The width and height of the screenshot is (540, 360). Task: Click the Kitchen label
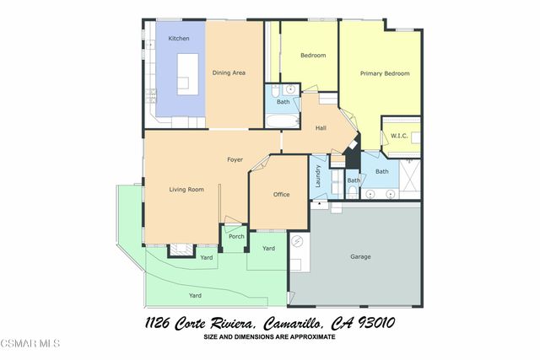point(178,39)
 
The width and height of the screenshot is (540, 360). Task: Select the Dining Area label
point(229,73)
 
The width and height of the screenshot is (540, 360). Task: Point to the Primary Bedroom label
point(385,73)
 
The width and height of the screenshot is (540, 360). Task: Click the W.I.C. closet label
point(399,136)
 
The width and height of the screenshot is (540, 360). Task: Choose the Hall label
point(321,128)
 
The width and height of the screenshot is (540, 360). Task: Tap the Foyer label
point(235,159)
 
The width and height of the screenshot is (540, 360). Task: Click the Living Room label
point(186,190)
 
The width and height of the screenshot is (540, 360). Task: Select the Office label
point(281,195)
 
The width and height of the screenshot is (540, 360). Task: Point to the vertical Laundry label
point(318,175)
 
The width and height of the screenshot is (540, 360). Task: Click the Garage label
point(360,256)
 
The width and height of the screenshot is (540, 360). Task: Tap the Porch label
point(236,236)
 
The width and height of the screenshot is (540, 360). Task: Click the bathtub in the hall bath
point(281,121)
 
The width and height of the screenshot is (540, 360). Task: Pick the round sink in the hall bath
point(291,89)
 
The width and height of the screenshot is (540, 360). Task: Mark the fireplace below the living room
point(181,249)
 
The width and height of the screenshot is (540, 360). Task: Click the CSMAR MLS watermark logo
point(30,343)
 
